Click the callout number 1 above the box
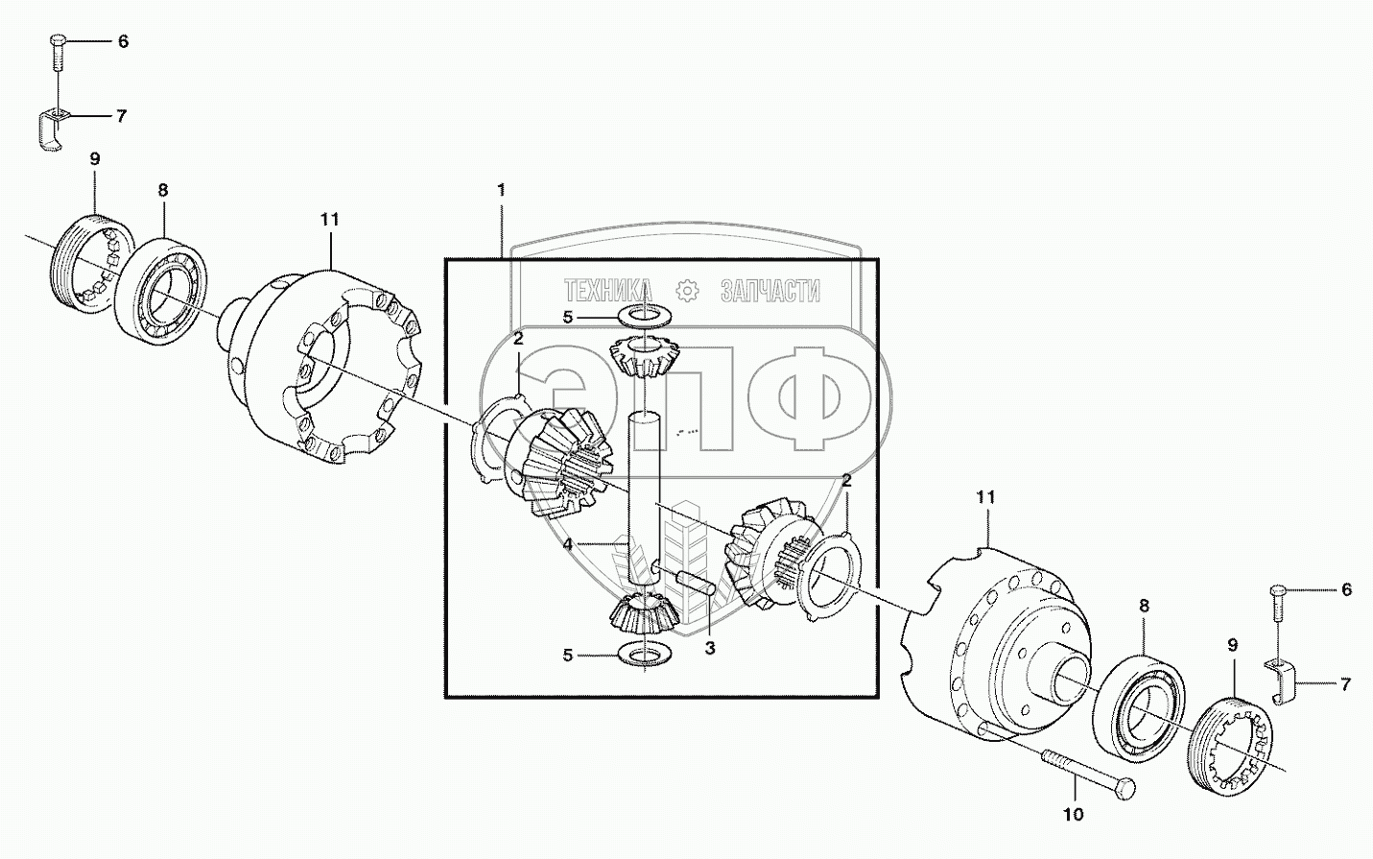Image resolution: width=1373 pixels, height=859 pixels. pos(501,190)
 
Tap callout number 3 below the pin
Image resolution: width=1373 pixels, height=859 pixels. pos(709,648)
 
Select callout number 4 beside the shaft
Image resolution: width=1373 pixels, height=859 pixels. pos(568,543)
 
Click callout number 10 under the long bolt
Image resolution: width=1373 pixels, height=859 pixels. pos(1073,814)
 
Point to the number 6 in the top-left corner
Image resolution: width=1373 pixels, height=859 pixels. pos(122,42)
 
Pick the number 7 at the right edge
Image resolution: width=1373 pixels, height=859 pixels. pos(1345,684)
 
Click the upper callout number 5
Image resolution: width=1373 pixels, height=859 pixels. pos(567,317)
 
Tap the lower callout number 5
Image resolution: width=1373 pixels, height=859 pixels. pos(567,656)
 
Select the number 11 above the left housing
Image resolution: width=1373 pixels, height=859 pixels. pos(329,220)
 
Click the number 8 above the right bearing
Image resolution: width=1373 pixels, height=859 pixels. pos(1144,606)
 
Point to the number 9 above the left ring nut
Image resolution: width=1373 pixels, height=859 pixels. pos(95,159)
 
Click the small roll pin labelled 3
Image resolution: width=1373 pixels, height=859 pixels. pos(691,582)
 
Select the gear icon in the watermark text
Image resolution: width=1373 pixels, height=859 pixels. pos(686,290)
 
